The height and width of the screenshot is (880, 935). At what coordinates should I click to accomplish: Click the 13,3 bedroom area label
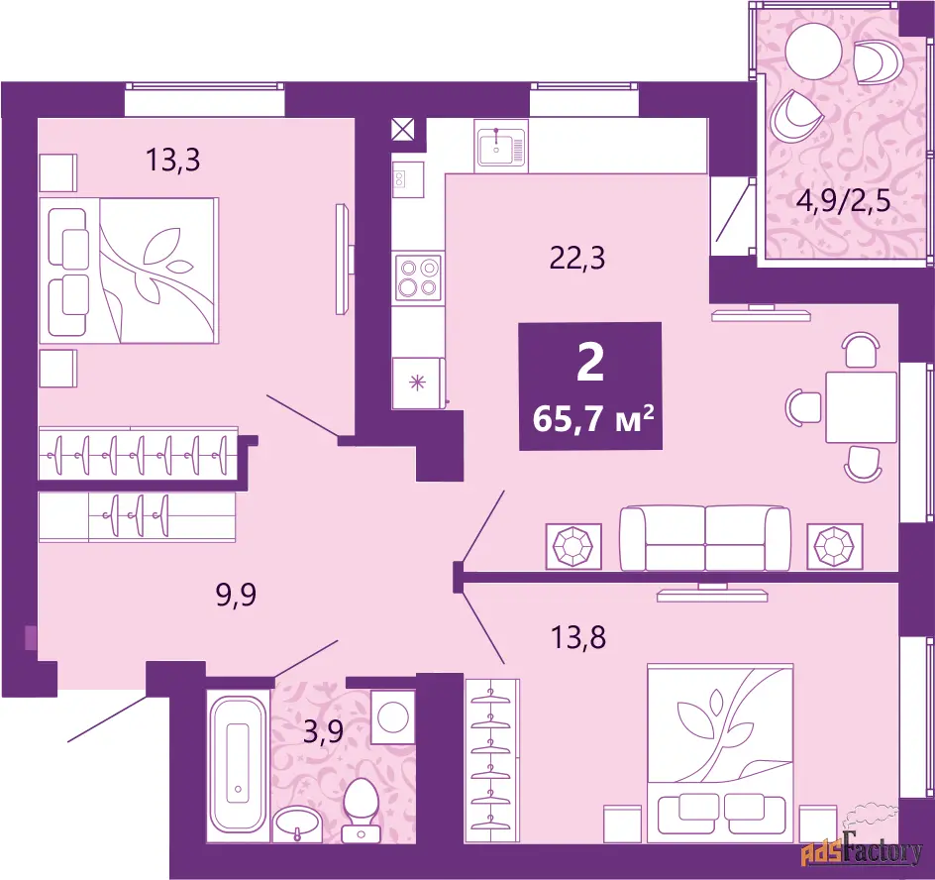(173, 160)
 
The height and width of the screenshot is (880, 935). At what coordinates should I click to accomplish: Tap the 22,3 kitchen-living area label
(577, 259)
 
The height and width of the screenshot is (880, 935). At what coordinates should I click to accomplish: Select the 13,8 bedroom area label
(577, 637)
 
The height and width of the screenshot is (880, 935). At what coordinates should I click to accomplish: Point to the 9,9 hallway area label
(236, 595)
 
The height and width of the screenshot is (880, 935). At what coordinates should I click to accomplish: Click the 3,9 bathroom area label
(323, 731)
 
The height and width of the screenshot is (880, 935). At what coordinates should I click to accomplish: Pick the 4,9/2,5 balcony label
(843, 201)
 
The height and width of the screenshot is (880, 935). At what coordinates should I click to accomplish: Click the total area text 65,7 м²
(593, 418)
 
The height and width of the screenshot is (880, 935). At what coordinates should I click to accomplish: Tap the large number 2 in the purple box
(590, 364)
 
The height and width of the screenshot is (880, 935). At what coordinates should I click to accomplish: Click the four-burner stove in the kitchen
(418, 277)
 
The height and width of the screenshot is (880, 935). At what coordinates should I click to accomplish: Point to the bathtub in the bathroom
(238, 765)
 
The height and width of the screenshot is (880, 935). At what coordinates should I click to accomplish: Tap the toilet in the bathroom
(362, 811)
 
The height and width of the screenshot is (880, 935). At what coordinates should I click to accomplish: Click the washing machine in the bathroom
(393, 716)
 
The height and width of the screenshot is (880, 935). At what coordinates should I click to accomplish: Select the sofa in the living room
(705, 538)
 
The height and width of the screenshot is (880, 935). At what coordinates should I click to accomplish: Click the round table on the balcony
(813, 52)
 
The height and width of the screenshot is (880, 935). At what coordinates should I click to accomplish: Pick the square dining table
(861, 407)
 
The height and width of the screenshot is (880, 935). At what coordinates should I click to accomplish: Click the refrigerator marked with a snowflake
(418, 383)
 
